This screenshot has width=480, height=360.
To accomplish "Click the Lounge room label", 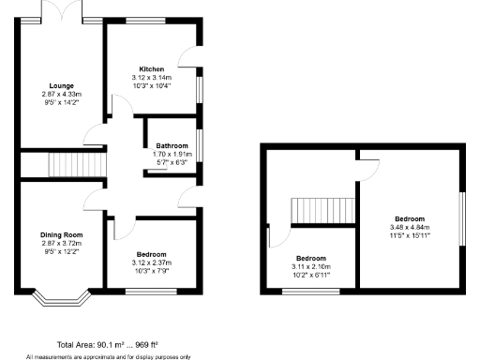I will (x=61, y=86).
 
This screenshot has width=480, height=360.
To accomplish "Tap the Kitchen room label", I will (x=152, y=69).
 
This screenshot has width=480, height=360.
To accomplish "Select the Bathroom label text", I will (x=172, y=145).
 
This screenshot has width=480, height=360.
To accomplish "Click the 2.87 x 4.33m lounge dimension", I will (x=61, y=94).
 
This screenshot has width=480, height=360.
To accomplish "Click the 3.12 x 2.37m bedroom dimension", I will (x=152, y=262).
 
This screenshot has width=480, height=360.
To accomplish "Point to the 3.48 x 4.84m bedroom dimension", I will (x=409, y=227).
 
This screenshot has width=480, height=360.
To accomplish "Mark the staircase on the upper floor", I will (x=322, y=211).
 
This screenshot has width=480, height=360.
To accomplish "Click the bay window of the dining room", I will (x=60, y=300).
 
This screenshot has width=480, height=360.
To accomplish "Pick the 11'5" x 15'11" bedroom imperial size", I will (x=409, y=234).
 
